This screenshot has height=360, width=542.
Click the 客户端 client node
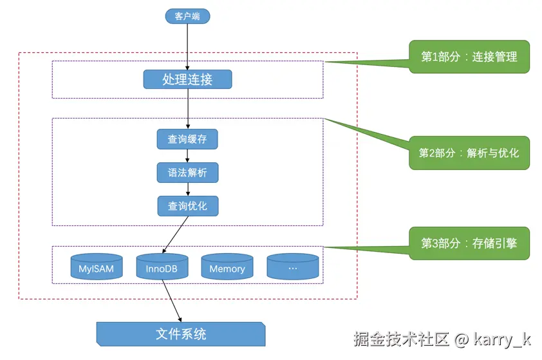187,16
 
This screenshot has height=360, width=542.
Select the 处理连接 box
188,79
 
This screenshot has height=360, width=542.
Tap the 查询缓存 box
187,139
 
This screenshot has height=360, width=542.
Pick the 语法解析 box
188,173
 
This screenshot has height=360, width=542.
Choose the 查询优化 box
188,206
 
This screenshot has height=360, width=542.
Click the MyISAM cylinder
97,266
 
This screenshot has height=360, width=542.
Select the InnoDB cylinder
162,266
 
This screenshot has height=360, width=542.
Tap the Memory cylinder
227,266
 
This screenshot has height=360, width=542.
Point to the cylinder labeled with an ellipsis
293,266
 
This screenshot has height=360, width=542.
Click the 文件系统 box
181,334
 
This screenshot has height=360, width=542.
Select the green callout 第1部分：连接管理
469,57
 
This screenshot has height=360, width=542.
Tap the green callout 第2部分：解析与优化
469,153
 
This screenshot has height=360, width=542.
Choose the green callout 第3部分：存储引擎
469,243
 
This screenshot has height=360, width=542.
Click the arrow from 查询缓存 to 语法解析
187,156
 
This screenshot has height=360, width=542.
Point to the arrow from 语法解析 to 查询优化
188,189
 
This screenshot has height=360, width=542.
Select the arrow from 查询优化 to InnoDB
175,235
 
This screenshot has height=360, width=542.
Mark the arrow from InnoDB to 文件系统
172,301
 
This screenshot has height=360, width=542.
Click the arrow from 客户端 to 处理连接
187,46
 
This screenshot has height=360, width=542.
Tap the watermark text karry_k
502,339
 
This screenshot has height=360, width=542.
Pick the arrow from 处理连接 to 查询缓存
188,109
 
